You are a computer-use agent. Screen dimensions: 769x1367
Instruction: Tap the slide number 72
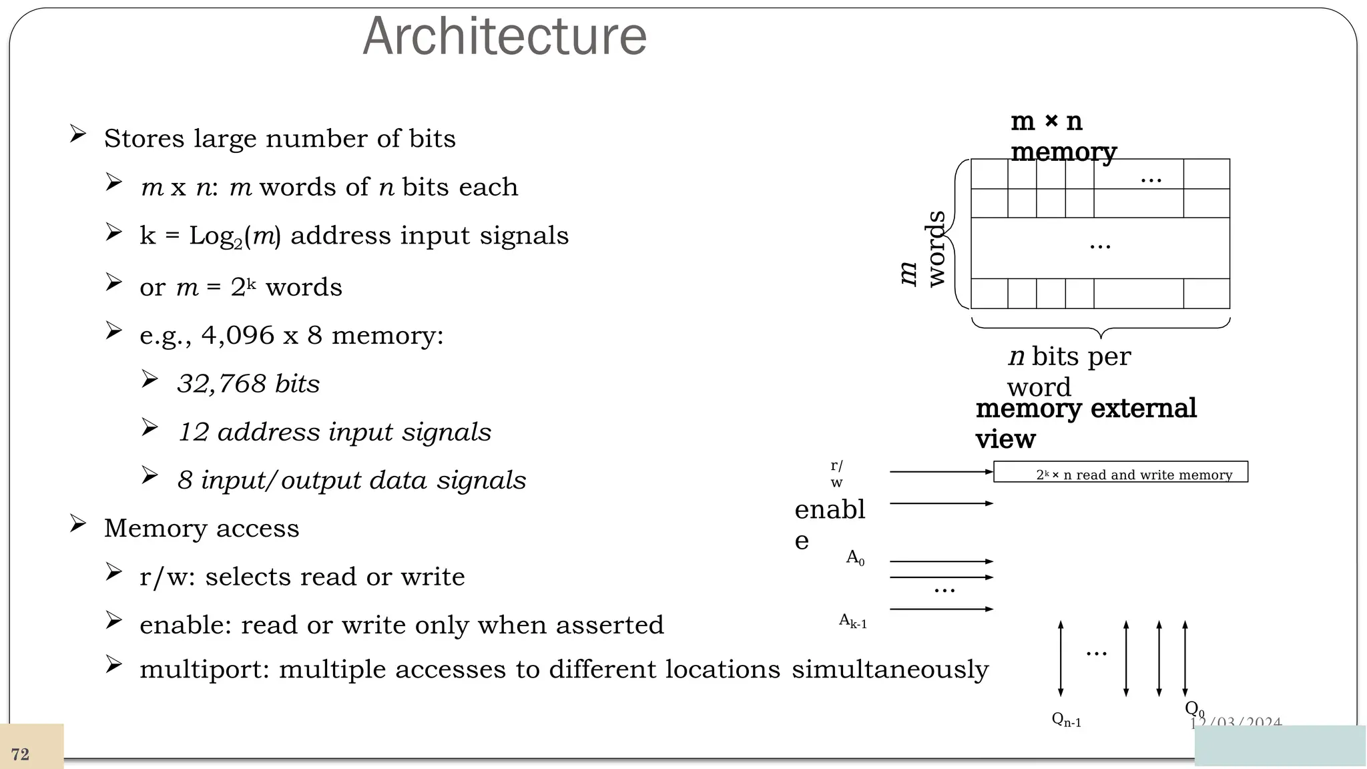point(20,754)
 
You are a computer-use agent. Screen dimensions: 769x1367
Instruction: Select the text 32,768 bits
point(248,384)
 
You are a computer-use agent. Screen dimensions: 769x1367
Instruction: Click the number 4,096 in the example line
point(238,335)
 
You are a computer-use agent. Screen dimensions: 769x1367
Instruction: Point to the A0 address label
point(855,557)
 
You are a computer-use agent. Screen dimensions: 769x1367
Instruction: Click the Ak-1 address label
point(852,621)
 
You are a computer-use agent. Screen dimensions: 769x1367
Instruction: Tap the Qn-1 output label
point(1066,720)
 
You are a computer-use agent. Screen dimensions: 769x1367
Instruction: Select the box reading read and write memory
point(1120,472)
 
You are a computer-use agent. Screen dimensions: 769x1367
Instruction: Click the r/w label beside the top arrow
point(836,473)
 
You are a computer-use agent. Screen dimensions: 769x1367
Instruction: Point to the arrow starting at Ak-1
point(941,609)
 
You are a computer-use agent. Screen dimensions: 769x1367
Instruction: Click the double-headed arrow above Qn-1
point(1061,658)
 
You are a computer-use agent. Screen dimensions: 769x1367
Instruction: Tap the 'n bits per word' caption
point(1069,371)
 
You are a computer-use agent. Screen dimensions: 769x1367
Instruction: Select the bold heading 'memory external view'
point(1085,423)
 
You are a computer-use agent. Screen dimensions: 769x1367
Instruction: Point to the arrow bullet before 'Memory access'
point(78,524)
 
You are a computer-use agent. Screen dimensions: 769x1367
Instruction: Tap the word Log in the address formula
point(210,236)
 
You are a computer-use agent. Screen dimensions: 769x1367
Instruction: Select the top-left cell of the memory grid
point(989,174)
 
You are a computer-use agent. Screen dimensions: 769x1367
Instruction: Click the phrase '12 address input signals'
point(334,432)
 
